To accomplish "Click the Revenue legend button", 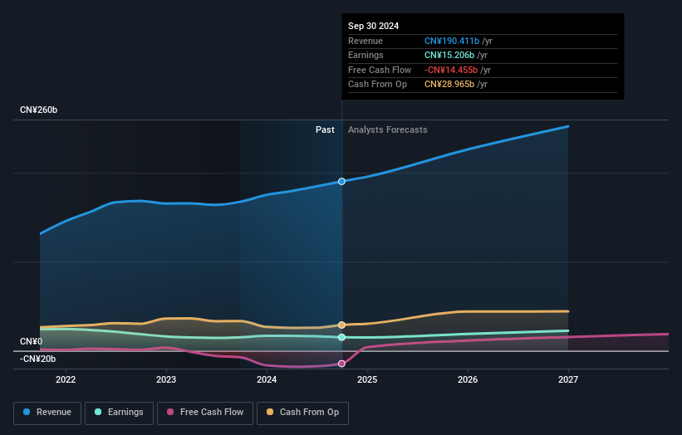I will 48,412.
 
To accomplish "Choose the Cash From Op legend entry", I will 303,412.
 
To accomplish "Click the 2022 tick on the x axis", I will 66,380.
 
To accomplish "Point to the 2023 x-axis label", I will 166,380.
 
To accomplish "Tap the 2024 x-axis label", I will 267,380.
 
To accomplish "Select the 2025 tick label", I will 367,380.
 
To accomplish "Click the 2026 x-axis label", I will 468,380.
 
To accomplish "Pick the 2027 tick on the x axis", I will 568,380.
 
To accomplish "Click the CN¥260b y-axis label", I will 39,110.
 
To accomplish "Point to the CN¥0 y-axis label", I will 31,342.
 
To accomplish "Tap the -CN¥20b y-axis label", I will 37,359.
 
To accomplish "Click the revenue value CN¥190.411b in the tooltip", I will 451,41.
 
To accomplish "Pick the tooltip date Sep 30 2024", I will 373,26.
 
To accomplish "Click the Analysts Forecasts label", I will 387,130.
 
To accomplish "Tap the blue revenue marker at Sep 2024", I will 341,181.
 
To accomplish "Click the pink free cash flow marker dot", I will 341,364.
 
